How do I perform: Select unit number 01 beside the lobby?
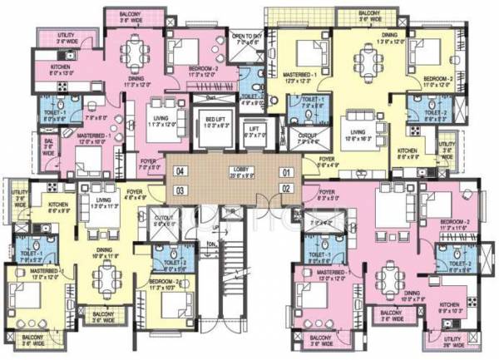pyautogui.click(x=287, y=172)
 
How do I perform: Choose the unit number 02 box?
pyautogui.click(x=287, y=190)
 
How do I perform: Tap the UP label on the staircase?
pyautogui.click(x=215, y=226)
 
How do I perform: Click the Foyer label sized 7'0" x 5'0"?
pyautogui.click(x=150, y=165)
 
